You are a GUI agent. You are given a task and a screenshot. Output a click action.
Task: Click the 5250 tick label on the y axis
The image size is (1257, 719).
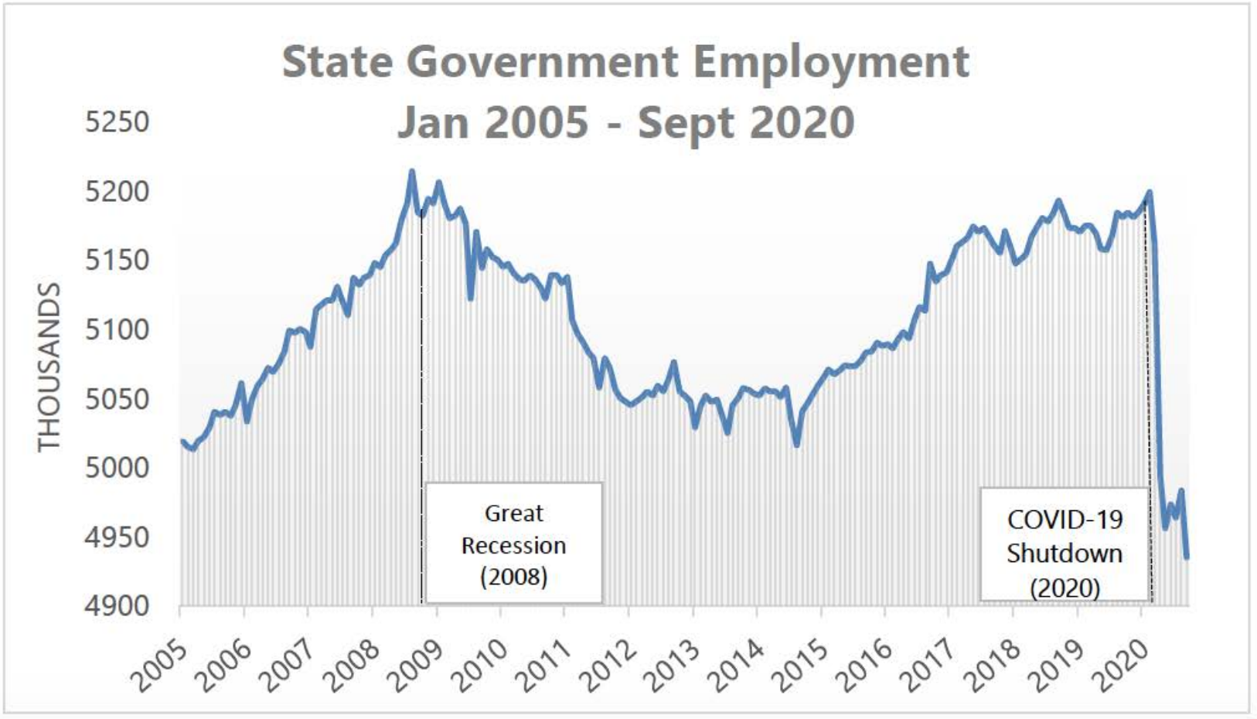pyautogui.click(x=118, y=122)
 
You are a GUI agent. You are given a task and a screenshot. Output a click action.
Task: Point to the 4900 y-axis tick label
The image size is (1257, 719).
pyautogui.click(x=118, y=606)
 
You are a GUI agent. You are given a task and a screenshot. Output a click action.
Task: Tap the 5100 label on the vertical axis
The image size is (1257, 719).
pyautogui.click(x=118, y=329)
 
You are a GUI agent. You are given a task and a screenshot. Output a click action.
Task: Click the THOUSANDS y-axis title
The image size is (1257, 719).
pyautogui.click(x=49, y=367)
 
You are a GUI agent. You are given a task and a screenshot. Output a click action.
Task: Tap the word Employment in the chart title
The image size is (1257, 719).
pyautogui.click(x=831, y=63)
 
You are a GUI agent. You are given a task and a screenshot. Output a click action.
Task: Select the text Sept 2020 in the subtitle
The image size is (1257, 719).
pyautogui.click(x=746, y=123)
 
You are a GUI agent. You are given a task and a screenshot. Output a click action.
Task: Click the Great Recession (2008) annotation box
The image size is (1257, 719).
pyautogui.click(x=513, y=543)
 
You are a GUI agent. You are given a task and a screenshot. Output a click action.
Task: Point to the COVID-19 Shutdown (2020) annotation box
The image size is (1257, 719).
pyautogui.click(x=1064, y=544)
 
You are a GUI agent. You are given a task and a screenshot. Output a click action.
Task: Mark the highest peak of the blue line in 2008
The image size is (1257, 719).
pyautogui.click(x=412, y=171)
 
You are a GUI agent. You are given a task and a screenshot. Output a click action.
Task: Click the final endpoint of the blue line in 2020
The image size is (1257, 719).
pyautogui.click(x=1187, y=557)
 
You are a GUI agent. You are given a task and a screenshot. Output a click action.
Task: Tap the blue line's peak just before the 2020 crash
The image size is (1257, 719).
pyautogui.click(x=1150, y=193)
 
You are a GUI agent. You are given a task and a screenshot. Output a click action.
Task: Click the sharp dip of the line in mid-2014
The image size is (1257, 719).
pyautogui.click(x=797, y=445)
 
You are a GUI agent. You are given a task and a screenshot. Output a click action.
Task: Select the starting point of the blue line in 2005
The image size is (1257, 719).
pyautogui.click(x=182, y=441)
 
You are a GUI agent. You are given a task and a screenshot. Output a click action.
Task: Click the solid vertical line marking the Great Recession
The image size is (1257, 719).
pyautogui.click(x=421, y=407)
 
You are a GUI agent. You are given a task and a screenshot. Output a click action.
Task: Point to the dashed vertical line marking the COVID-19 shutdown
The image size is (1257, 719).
pyautogui.click(x=1148, y=401)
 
